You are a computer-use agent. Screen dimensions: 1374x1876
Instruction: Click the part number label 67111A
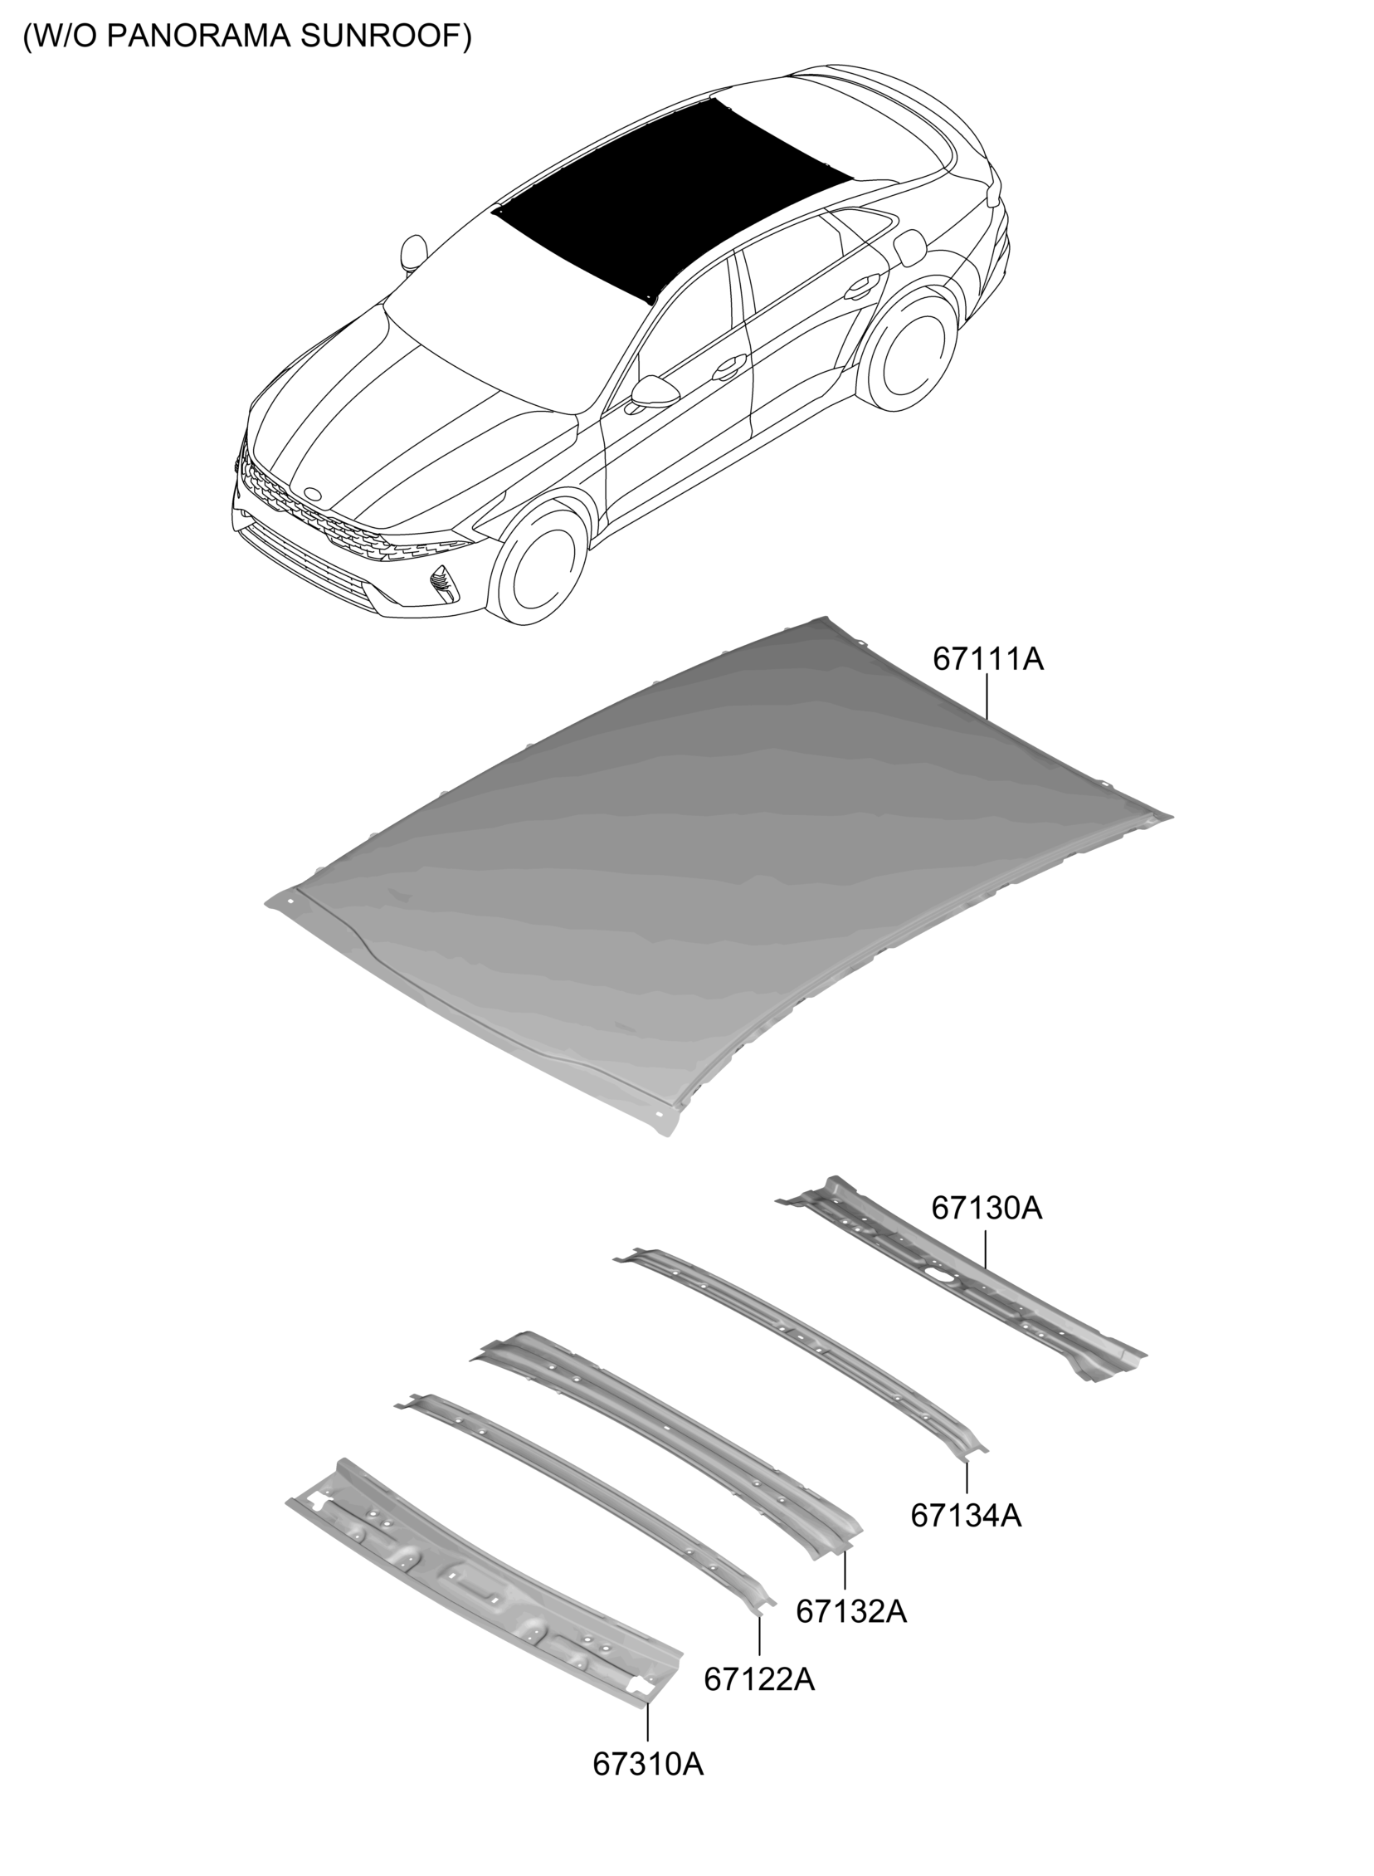click(987, 659)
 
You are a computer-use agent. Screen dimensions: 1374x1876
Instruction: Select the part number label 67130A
click(987, 1207)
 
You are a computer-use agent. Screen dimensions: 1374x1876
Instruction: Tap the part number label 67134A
click(966, 1515)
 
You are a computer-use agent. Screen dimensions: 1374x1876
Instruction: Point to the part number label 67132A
click(850, 1610)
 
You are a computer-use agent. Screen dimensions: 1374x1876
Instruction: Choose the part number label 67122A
click(759, 1678)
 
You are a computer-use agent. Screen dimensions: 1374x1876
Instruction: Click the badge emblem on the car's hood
click(313, 492)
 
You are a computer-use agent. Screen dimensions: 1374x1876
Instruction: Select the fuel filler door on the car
click(911, 247)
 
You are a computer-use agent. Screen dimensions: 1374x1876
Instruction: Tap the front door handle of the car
click(729, 366)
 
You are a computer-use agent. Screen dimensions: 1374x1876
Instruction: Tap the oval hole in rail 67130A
click(937, 1273)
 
